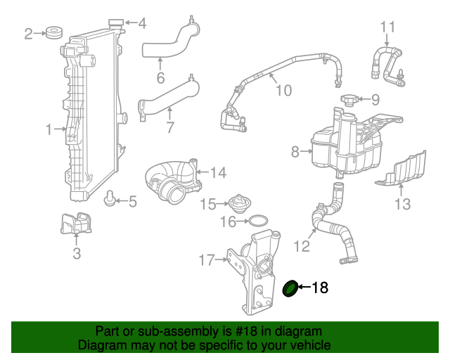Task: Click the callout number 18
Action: pyautogui.click(x=320, y=288)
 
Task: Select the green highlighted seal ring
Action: pyautogui.click(x=289, y=288)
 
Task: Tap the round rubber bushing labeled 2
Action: pyautogui.click(x=52, y=32)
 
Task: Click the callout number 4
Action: pyautogui.click(x=142, y=24)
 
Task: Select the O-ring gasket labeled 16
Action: pyautogui.click(x=258, y=222)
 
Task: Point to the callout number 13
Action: pyautogui.click(x=401, y=205)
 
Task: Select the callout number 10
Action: pyautogui.click(x=283, y=90)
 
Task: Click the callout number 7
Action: pyautogui.click(x=169, y=128)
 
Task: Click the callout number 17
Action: pyautogui.click(x=206, y=260)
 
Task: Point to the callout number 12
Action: pyautogui.click(x=301, y=247)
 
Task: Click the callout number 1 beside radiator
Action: pyautogui.click(x=49, y=129)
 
